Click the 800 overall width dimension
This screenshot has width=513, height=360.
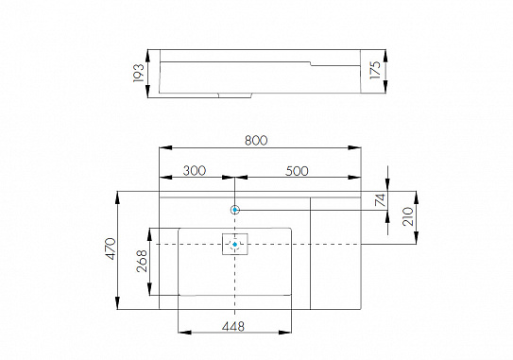(x=256, y=140)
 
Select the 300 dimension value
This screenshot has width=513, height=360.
(x=195, y=170)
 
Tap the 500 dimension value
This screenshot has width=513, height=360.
(x=296, y=170)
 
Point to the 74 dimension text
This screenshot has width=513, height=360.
(x=380, y=199)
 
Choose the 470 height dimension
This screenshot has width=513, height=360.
(x=110, y=249)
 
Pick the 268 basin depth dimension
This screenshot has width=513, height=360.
(x=142, y=261)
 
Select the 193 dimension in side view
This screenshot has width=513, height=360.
(x=138, y=72)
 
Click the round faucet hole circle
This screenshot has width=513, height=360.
(x=235, y=209)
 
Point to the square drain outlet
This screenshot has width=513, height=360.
(x=234, y=245)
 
